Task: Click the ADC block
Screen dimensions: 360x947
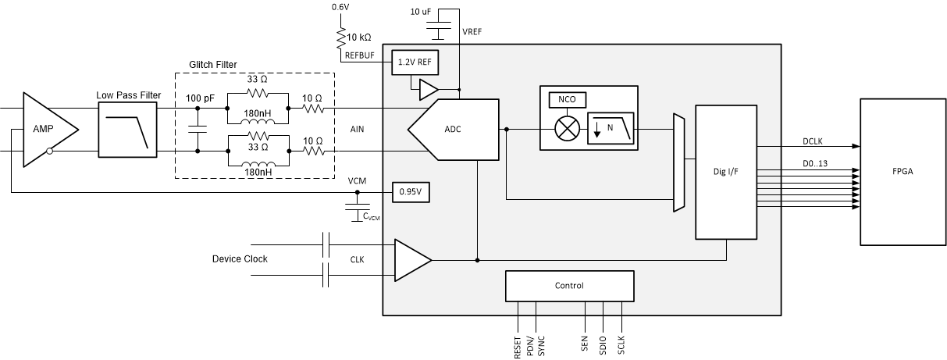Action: (453, 130)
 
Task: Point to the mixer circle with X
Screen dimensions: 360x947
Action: (565, 130)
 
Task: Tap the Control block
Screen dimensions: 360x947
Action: (569, 286)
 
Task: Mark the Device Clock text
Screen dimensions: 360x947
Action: (240, 258)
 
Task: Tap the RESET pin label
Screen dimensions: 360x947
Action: (518, 344)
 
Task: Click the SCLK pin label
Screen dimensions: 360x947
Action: (621, 344)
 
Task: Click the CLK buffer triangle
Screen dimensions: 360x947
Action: (409, 259)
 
